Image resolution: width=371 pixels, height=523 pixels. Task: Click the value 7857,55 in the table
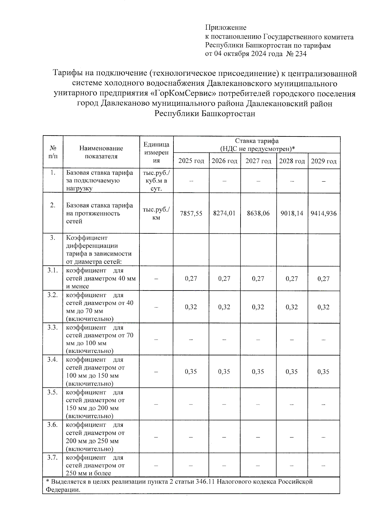191,213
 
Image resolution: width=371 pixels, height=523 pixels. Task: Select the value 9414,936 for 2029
324,213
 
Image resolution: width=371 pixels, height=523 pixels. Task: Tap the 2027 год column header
258,161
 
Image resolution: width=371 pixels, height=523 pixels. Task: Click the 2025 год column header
191,161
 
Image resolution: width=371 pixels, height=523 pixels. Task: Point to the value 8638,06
258,213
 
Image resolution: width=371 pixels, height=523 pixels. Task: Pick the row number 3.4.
53,359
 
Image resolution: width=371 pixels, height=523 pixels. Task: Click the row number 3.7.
53,457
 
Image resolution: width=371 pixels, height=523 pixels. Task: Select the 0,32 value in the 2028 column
292,307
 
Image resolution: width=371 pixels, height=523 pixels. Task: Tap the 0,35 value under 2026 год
224,372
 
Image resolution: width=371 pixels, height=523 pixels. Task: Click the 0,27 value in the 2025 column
191,278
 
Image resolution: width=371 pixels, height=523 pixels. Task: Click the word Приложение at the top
226,28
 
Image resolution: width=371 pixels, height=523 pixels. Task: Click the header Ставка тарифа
257,141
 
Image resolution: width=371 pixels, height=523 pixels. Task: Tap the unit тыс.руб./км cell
156,213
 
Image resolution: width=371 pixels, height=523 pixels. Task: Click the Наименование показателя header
101,152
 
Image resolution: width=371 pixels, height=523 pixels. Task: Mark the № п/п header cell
53,152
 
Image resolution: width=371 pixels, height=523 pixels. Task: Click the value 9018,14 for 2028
292,213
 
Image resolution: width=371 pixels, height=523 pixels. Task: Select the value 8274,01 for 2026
224,213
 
